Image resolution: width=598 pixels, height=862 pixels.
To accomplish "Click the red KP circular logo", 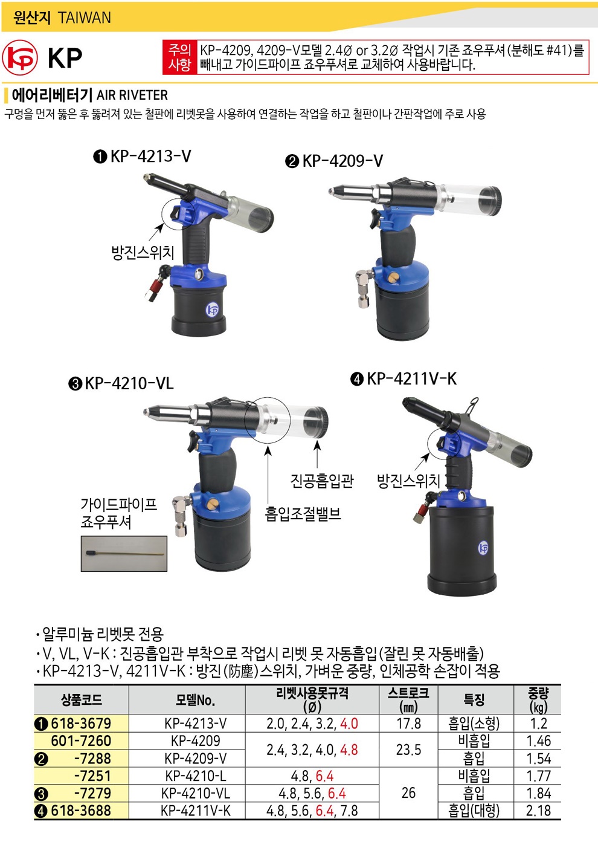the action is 19,57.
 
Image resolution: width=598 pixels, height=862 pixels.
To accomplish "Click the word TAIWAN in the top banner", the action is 84,18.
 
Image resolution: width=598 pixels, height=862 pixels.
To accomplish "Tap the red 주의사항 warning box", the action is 376,57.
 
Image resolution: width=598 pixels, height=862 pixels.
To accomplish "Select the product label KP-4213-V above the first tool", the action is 150,157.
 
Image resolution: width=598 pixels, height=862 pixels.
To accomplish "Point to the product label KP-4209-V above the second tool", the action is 342,161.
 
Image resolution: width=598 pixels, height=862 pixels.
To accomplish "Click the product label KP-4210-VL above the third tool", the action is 129,383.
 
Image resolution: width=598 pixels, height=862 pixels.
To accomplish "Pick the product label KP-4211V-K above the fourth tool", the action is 411,379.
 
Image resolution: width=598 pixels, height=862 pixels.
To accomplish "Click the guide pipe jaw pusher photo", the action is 124,554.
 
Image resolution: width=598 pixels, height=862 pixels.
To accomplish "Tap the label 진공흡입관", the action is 322,481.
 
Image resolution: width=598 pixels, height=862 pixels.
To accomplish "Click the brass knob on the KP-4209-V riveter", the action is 393,277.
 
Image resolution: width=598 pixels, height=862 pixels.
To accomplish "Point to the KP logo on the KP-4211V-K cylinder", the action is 483,548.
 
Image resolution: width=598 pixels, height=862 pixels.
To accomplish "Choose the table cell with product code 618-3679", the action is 81,724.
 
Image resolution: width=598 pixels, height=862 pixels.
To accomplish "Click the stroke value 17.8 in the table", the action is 408,724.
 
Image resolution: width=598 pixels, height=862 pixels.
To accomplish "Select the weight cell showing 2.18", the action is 538,811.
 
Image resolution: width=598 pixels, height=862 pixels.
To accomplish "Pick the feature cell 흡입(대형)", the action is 474,811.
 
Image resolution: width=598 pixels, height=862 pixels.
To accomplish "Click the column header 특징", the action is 474,699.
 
